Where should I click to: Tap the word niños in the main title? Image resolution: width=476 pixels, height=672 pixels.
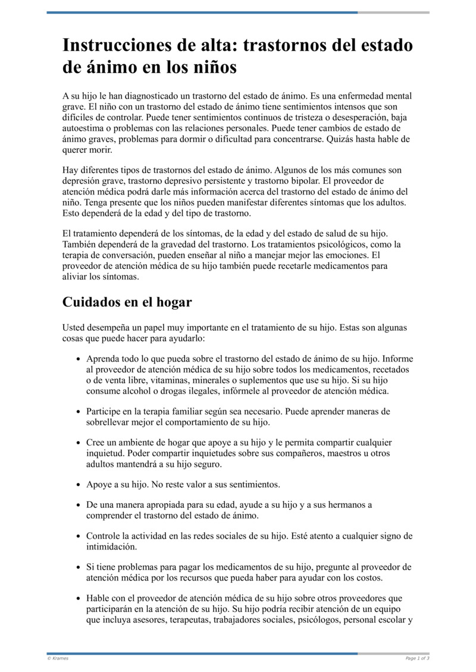pyautogui.click(x=212, y=68)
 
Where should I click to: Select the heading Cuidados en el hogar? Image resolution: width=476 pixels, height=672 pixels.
pyautogui.click(x=127, y=302)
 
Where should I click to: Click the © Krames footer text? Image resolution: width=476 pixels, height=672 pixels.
pyautogui.click(x=58, y=658)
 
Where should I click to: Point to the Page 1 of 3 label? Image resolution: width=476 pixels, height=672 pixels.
pyautogui.click(x=417, y=658)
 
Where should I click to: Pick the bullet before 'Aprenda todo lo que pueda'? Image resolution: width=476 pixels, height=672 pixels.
pyautogui.click(x=79, y=359)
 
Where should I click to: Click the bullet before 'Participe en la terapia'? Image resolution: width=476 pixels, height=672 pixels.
pyautogui.click(x=79, y=412)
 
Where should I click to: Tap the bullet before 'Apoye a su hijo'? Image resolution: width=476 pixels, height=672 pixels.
pyautogui.click(x=79, y=484)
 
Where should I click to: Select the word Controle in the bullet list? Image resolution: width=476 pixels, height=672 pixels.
pyautogui.click(x=105, y=536)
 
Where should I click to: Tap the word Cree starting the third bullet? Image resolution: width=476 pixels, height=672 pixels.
pyautogui.click(x=96, y=443)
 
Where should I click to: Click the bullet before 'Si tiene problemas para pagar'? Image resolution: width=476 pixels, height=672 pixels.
pyautogui.click(x=79, y=567)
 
